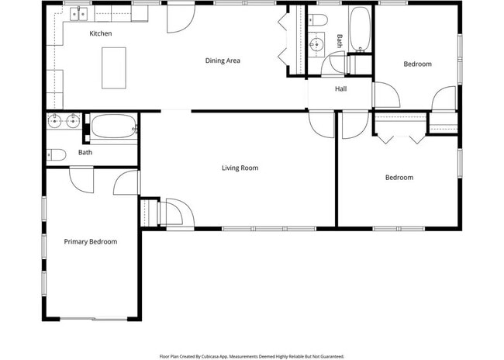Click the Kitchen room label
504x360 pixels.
point(101,33)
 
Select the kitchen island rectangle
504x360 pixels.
point(114,67)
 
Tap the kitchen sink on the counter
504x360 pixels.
point(78,13)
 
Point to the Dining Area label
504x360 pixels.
point(223,61)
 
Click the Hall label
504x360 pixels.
point(340,88)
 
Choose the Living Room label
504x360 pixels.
point(240,168)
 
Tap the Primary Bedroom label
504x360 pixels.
point(90,241)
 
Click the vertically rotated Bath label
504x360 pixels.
point(339,40)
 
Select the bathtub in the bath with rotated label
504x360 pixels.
point(360,29)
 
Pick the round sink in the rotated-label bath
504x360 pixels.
point(316,45)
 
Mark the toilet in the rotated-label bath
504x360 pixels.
point(319,19)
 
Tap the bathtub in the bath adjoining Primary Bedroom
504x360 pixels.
point(112,126)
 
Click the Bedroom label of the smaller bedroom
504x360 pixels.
point(417,64)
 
